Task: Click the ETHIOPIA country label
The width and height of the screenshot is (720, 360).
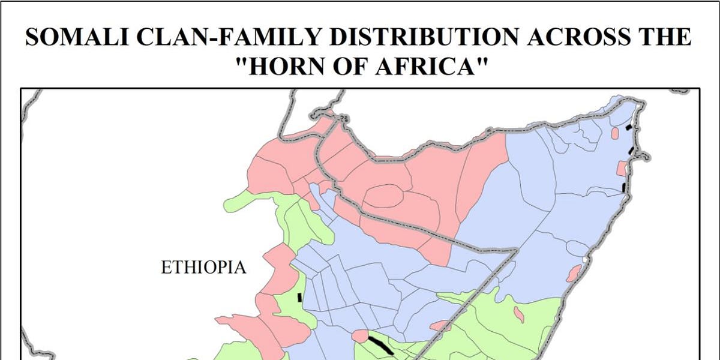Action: (203, 268)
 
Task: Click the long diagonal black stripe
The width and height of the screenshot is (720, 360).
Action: (380, 345)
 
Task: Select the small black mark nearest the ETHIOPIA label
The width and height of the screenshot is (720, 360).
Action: (299, 296)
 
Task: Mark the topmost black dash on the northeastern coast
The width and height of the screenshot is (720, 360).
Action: (628, 127)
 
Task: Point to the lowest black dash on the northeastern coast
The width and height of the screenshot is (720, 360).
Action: (624, 187)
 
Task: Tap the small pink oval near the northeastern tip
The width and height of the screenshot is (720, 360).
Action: (614, 133)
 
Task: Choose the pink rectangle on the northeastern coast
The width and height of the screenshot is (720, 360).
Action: (622, 169)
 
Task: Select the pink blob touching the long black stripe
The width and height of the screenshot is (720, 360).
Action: (361, 336)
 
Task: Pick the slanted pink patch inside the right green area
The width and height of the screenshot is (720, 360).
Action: (518, 313)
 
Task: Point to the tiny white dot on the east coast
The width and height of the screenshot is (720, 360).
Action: (583, 260)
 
